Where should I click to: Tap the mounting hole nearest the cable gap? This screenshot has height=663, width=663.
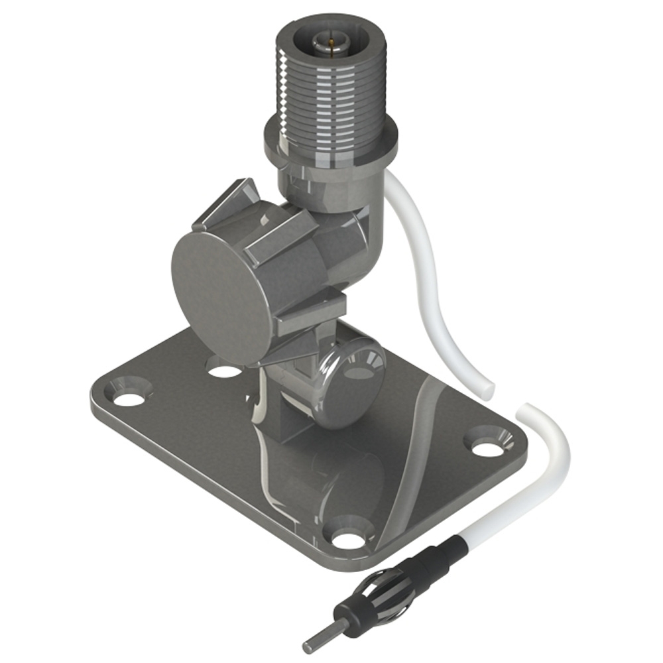pos(489,448)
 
